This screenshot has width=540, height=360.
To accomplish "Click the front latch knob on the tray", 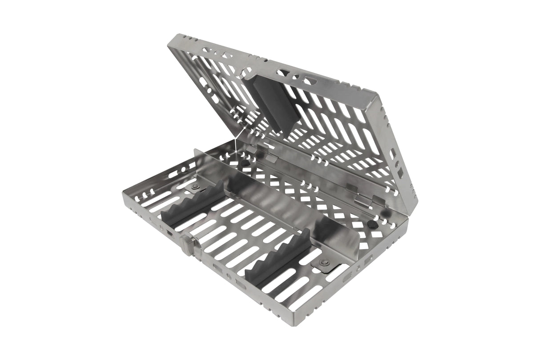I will click(187, 243).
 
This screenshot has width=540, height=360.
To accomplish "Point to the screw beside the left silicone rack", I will click(194, 186).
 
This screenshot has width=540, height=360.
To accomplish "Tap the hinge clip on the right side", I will click(363, 200).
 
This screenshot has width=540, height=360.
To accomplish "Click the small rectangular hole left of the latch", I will click(169, 232).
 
